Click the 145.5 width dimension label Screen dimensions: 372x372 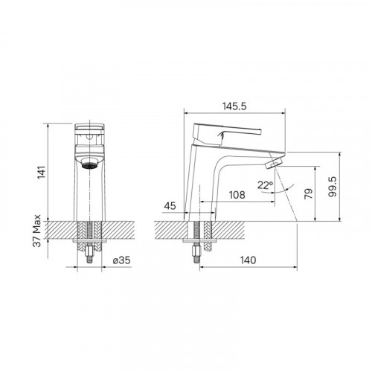click(234, 106)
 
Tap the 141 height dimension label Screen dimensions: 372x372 click(42, 172)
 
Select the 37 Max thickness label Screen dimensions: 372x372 click(37, 231)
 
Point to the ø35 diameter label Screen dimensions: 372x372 click(121, 260)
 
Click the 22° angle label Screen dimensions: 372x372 click(265, 185)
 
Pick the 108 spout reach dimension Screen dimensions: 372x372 click(237, 195)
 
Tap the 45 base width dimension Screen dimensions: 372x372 click(170, 206)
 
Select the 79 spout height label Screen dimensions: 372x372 click(309, 193)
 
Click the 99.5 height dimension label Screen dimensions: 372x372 click(333, 187)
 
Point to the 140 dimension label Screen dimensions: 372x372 click(248, 260)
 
